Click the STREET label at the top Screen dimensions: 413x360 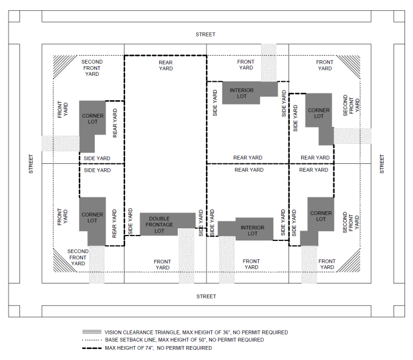[x=205, y=34]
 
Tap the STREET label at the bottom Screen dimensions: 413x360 [x=206, y=296]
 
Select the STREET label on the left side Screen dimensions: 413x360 [x=31, y=164]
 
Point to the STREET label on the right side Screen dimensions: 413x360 [x=382, y=164]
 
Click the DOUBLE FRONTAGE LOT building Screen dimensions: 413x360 [x=159, y=224]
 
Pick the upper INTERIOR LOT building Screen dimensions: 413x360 [x=245, y=92]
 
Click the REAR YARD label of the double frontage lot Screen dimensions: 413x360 [x=166, y=66]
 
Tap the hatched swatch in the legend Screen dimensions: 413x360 [x=92, y=332]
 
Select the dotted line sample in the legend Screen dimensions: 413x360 [x=92, y=340]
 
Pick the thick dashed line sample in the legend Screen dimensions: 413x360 [x=92, y=348]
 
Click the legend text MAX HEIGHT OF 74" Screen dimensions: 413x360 [x=129, y=348]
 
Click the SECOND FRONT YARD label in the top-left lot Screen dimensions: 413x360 [x=92, y=68]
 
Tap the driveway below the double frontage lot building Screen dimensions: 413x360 [x=186, y=256]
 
